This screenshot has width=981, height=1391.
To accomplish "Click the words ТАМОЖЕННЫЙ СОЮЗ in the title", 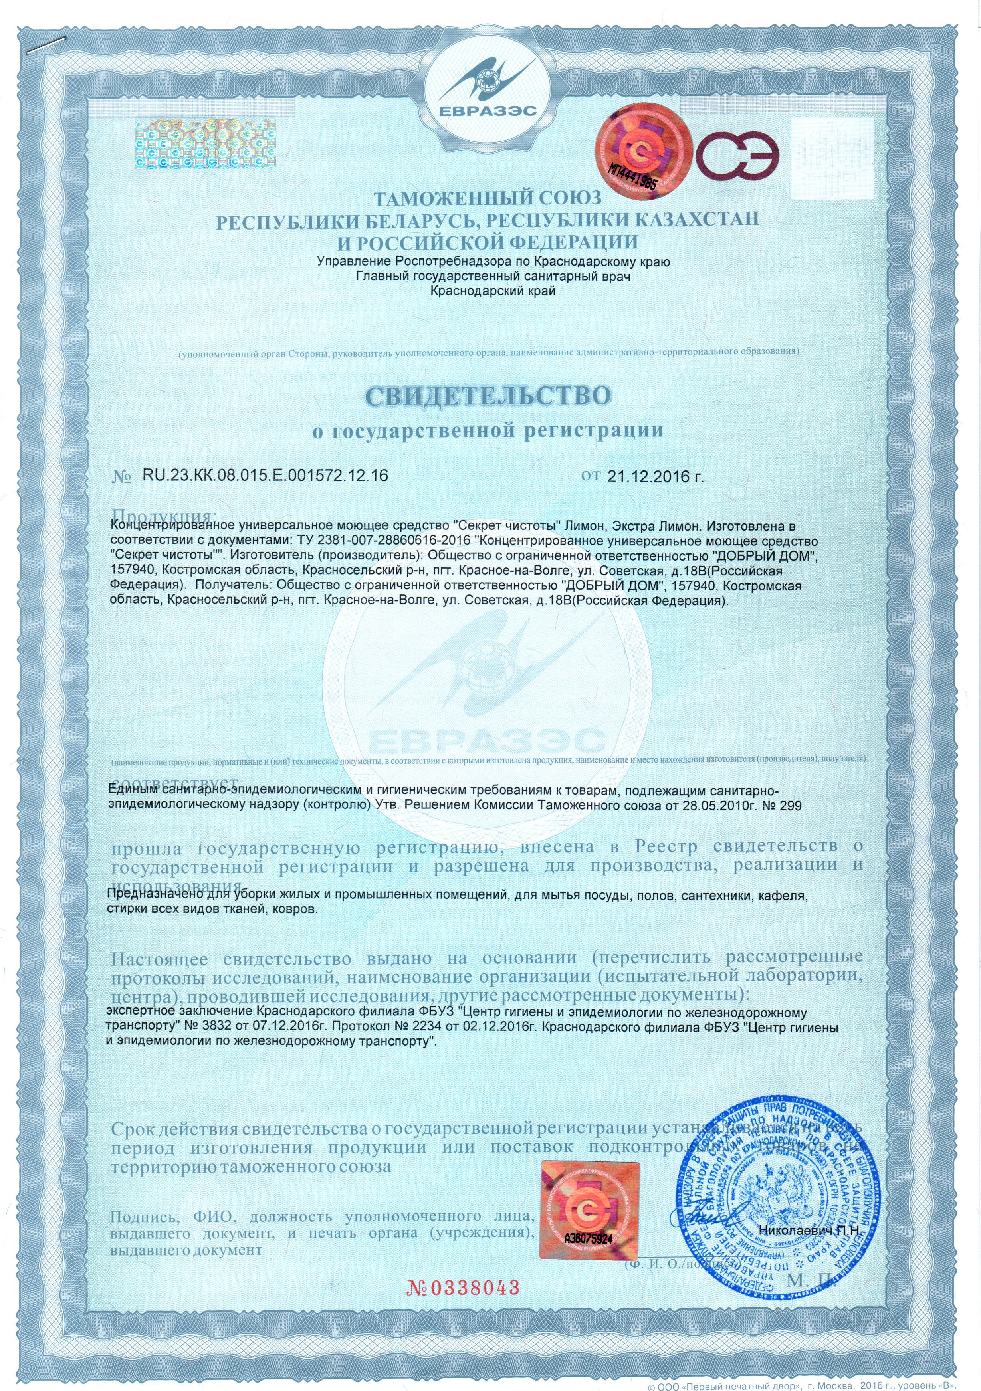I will point(488,199).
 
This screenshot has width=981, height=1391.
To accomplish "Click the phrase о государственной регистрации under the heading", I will point(488,431).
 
